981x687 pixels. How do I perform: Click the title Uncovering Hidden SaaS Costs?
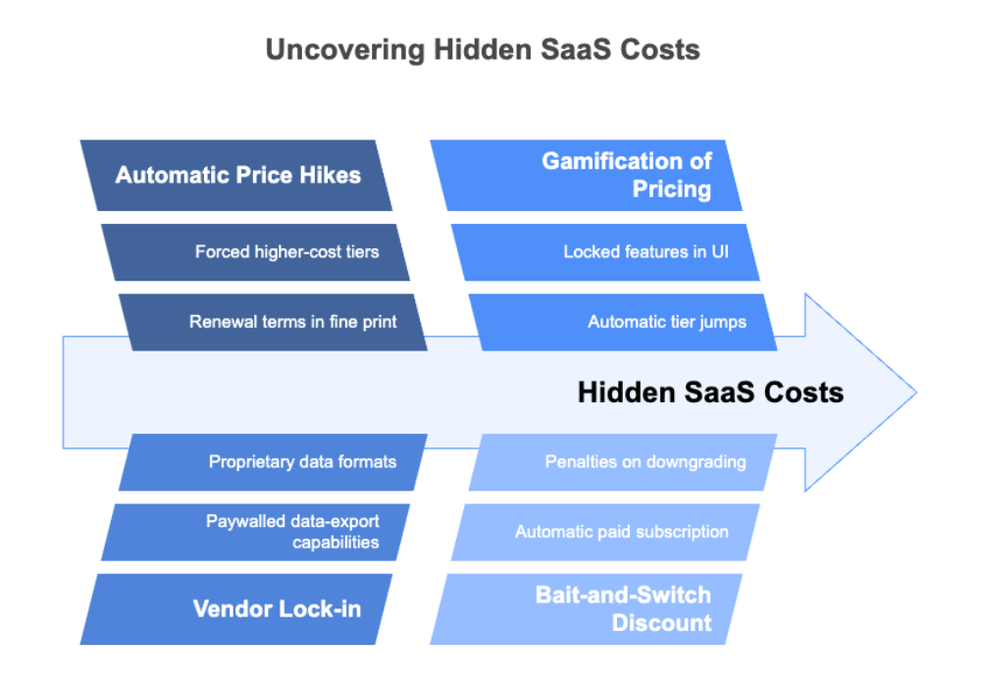[x=483, y=49]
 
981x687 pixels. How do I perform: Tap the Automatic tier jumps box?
[x=623, y=322]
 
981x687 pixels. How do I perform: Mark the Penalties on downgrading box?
[x=623, y=461]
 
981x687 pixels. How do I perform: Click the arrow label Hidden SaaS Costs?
[x=709, y=393]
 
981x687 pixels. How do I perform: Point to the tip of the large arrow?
[x=914, y=393]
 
